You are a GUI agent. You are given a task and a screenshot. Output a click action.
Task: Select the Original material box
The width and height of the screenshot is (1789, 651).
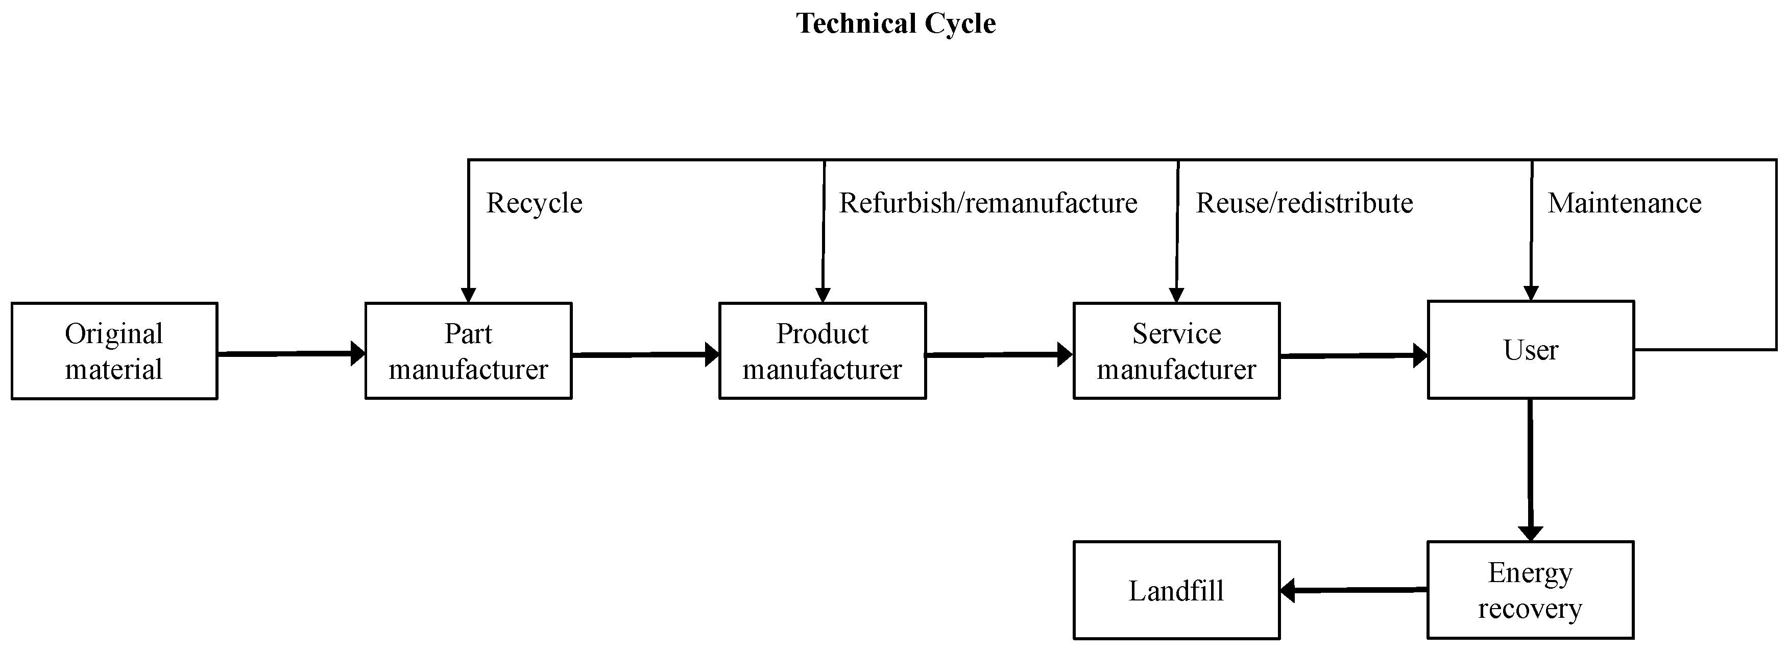point(114,351)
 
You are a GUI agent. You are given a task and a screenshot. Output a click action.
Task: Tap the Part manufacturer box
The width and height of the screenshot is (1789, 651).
point(468,351)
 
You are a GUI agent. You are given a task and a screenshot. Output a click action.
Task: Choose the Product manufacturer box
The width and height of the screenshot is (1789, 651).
point(823,351)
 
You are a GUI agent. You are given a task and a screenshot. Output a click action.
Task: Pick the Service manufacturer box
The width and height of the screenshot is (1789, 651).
point(1176,351)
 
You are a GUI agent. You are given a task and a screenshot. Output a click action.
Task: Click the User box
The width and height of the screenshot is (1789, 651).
point(1531,349)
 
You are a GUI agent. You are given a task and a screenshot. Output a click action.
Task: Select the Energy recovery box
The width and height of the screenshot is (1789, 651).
point(1530,590)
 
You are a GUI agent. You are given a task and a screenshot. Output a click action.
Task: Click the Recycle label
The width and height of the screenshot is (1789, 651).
point(534,203)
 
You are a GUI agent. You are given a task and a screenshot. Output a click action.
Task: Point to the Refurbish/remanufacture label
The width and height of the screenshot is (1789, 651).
point(987,203)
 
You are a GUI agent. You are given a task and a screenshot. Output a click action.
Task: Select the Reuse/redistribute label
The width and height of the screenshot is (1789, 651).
point(1304,203)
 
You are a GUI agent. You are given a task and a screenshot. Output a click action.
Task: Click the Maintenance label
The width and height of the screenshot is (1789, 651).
point(1625,203)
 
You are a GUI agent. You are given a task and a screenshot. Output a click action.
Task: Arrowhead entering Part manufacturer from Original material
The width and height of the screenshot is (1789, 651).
point(358,354)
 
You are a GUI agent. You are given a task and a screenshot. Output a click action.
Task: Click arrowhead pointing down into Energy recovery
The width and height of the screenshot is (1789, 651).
point(1531,534)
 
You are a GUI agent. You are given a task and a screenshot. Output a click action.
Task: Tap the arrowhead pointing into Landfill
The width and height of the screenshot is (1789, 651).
point(1288,591)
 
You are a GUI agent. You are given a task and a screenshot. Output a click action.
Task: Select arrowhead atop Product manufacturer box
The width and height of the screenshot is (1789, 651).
point(823,295)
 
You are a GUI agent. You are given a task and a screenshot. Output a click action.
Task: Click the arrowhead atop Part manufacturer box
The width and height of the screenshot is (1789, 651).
point(469,295)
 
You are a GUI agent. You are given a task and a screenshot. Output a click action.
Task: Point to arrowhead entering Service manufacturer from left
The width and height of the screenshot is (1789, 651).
point(1066,354)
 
